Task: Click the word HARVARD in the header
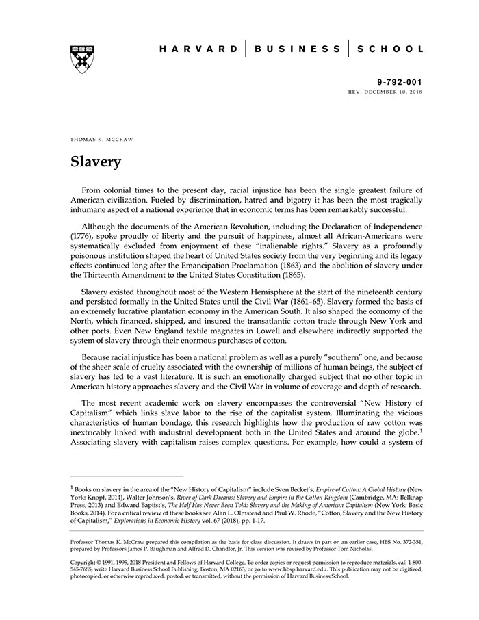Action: tap(198, 49)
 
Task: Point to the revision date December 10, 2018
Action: tap(397, 91)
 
